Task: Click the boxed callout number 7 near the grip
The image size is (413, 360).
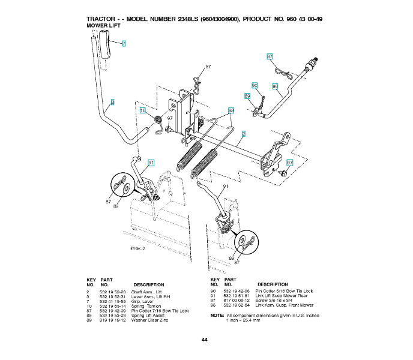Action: (x=124, y=44)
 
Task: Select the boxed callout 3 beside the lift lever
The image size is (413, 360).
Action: (x=112, y=103)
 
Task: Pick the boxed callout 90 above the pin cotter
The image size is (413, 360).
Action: (x=255, y=86)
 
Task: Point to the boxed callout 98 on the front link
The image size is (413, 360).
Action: (x=275, y=87)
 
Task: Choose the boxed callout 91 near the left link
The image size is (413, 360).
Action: (x=151, y=163)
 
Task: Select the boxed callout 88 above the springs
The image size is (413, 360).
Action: (x=231, y=111)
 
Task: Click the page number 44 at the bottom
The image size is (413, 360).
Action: (x=205, y=340)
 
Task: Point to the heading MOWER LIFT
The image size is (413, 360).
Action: (x=104, y=26)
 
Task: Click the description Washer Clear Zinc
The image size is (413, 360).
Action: (x=150, y=320)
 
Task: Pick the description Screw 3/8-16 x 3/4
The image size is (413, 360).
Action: (x=279, y=301)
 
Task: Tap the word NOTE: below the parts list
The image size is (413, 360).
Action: (x=217, y=315)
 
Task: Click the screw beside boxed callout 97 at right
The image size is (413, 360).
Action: (x=284, y=172)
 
